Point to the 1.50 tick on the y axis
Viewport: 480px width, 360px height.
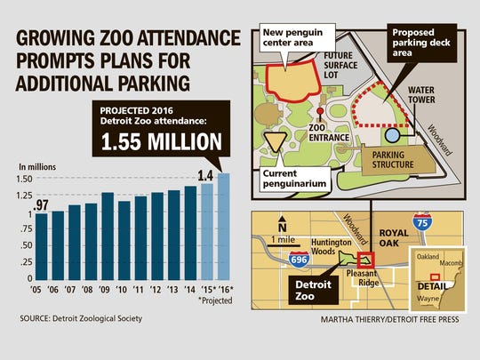[x=23, y=178]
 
